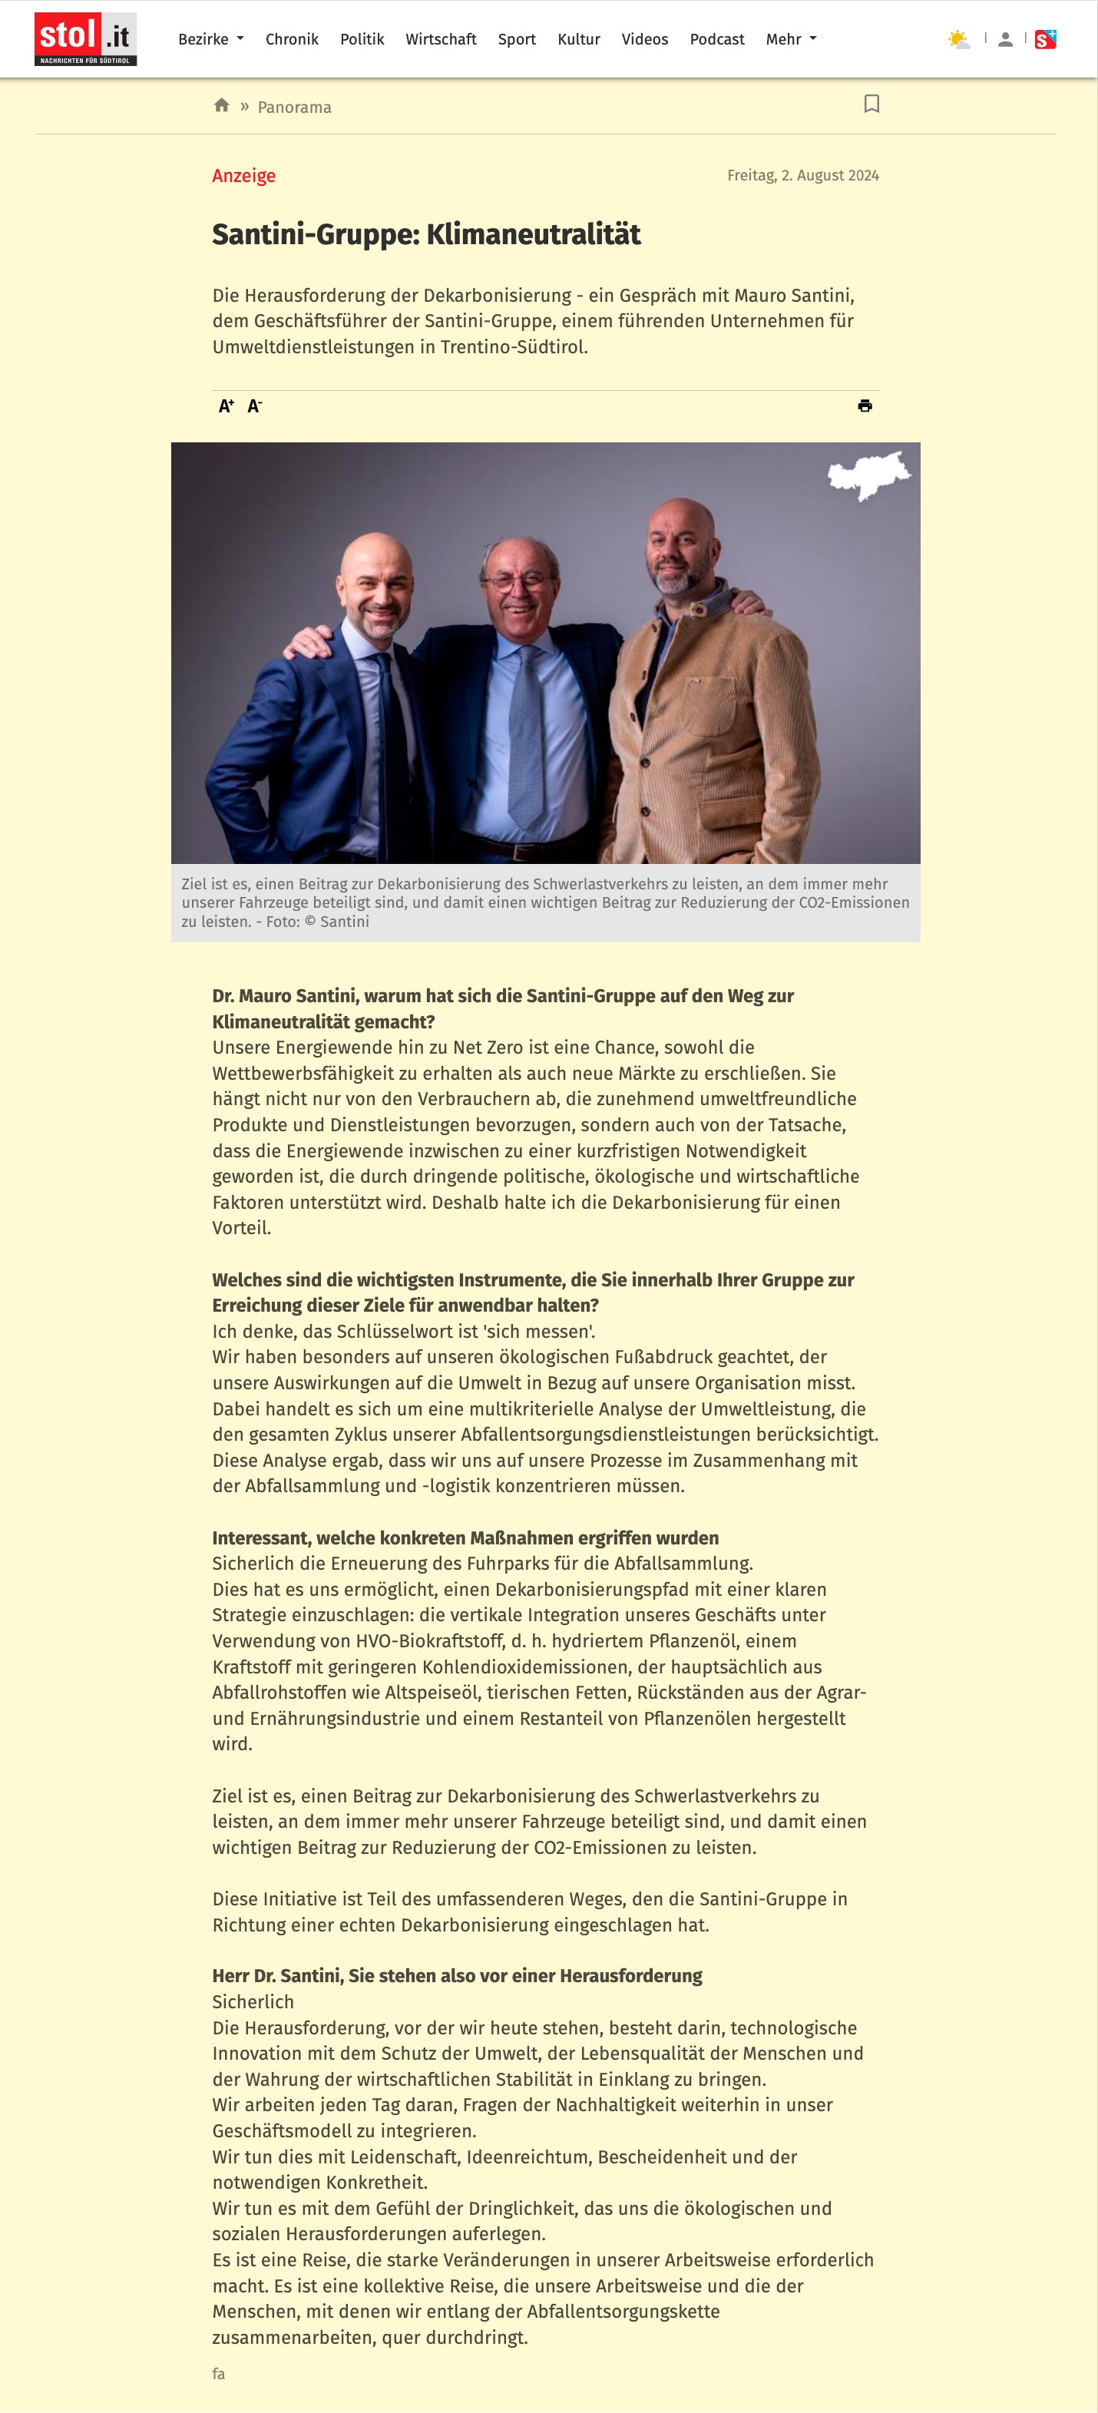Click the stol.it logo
[85, 39]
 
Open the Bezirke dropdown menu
[211, 39]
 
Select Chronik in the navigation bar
[291, 39]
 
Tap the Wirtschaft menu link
[440, 39]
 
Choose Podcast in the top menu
[716, 39]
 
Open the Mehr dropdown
[791, 39]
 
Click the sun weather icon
[957, 39]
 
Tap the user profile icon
[1005, 39]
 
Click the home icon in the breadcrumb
[222, 105]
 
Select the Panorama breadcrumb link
[294, 107]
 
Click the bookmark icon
[871, 104]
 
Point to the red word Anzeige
[243, 175]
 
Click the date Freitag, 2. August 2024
[803, 175]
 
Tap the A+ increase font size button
[226, 405]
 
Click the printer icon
[865, 405]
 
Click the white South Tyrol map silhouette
[868, 475]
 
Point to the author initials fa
[218, 2373]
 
